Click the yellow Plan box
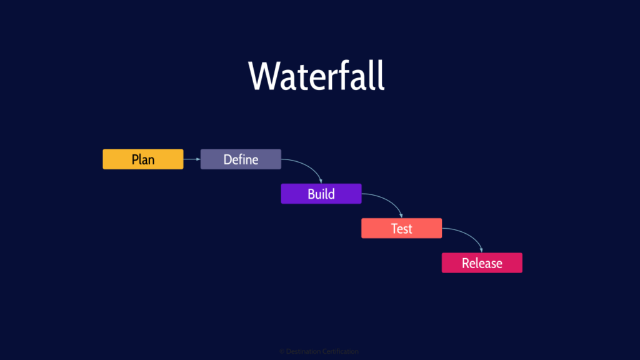tap(142, 159)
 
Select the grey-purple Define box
tap(241, 159)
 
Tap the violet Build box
tap(321, 194)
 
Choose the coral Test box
tap(401, 228)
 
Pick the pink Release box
tap(481, 263)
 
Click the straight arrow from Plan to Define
tap(191, 159)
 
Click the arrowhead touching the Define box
tap(197, 159)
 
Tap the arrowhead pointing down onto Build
tap(321, 181)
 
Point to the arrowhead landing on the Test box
tap(401, 216)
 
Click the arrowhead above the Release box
tap(481, 250)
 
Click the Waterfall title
tap(316, 76)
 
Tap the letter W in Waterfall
tap(263, 77)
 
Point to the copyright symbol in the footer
tap(282, 352)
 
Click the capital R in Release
tap(466, 263)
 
